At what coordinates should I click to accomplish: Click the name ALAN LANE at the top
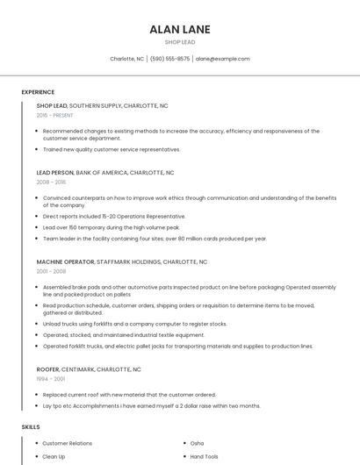coord(180,29)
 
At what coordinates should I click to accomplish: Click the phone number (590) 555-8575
coord(169,59)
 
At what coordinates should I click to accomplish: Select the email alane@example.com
coord(223,59)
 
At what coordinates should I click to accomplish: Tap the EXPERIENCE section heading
coord(38,92)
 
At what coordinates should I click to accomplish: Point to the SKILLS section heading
coord(31,426)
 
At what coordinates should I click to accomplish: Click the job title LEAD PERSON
coord(55,173)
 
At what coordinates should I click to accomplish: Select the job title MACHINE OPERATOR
coord(65,261)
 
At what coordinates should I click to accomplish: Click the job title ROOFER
coord(48,369)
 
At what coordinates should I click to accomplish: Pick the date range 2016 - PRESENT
coord(55,115)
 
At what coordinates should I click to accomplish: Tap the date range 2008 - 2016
coord(51,182)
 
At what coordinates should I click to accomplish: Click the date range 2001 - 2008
coord(51,271)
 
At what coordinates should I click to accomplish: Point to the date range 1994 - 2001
coord(51,379)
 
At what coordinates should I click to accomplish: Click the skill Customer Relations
coord(68,444)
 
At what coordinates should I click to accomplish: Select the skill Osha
coord(197,444)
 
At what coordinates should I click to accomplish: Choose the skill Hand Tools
coord(205,457)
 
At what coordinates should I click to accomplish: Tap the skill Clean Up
coord(54,457)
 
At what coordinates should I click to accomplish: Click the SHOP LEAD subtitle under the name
coord(180,42)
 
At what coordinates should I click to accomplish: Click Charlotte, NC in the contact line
coord(127,59)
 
